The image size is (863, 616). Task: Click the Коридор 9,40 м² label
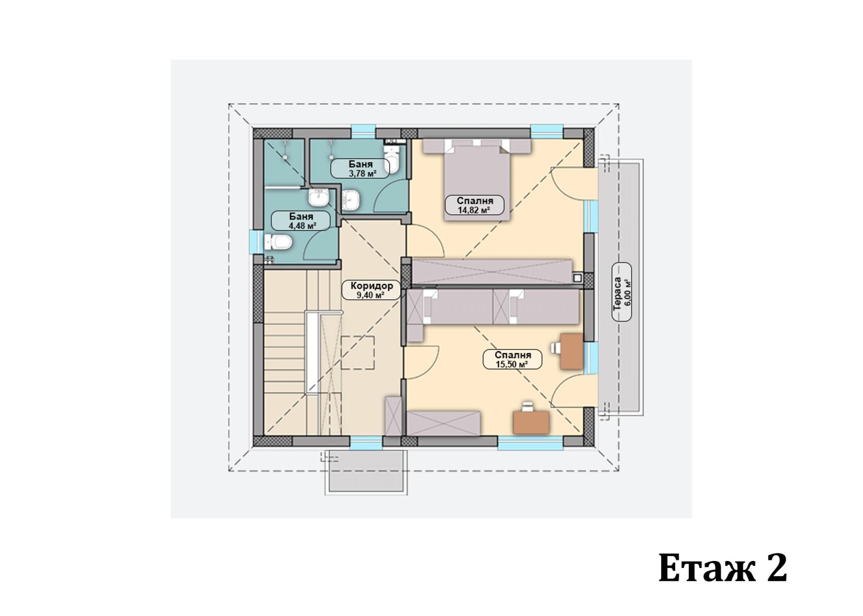[372, 291]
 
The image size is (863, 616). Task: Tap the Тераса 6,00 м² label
[622, 292]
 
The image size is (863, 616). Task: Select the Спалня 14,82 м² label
[475, 205]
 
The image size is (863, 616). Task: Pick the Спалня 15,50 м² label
[512, 359]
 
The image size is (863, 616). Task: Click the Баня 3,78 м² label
[360, 169]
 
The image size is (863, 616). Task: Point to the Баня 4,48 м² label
[301, 221]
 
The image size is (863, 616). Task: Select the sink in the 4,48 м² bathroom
[318, 198]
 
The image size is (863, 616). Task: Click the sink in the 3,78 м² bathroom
[351, 200]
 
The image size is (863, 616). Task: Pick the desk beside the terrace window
[571, 351]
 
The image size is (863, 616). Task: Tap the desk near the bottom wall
[531, 422]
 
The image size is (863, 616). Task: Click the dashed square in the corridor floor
[358, 352]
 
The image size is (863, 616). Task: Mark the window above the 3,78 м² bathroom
[364, 132]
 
